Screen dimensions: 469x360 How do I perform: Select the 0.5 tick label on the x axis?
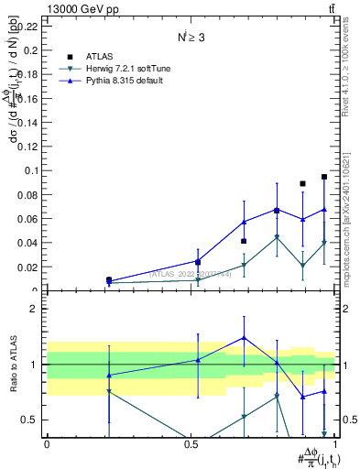click(191, 443)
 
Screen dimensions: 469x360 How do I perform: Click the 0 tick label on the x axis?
click(47, 443)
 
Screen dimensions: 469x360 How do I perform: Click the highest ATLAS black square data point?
click(324, 177)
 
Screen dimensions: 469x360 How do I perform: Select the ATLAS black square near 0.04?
click(244, 241)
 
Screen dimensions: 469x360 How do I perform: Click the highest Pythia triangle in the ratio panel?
click(244, 338)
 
